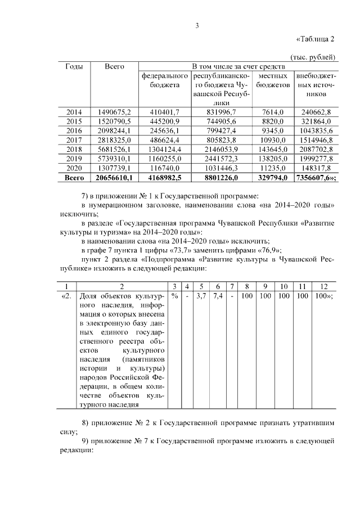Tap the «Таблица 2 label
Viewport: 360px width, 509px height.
tap(315, 39)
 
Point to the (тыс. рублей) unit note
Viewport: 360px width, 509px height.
tap(313, 57)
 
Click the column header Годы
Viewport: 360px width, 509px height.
tap(74, 66)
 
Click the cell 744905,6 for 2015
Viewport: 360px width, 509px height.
tap(222, 121)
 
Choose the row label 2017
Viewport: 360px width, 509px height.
tap(74, 140)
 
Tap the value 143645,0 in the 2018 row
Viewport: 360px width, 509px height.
tap(273, 150)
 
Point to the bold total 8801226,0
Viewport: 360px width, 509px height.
tap(222, 178)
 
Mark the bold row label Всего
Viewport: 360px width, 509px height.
tap(74, 178)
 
